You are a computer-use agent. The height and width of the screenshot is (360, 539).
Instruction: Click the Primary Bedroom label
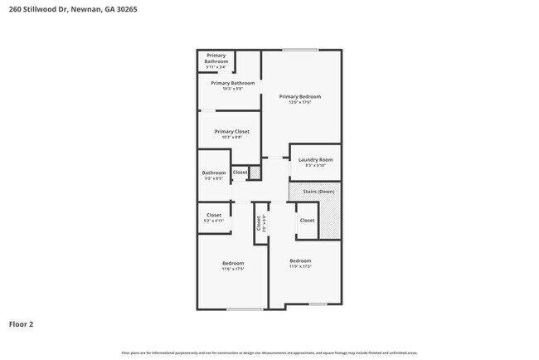point(300,96)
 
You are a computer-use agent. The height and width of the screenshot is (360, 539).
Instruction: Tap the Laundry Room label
point(315,159)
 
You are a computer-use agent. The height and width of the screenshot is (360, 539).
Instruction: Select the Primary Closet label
point(231,131)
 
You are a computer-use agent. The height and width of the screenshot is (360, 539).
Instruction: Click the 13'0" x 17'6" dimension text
point(300,102)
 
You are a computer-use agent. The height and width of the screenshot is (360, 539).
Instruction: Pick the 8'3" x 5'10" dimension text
point(315,165)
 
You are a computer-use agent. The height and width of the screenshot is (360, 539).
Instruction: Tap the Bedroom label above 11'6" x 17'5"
point(232,263)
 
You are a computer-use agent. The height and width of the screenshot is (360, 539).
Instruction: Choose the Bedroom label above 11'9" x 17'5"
point(300,260)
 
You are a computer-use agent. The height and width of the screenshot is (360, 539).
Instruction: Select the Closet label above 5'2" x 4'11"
point(214,215)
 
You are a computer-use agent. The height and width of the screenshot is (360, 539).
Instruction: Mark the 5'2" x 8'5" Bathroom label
point(214,173)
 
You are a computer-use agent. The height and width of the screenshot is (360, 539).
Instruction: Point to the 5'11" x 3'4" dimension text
point(216,67)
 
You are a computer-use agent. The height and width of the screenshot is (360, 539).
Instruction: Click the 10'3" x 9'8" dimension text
point(231,89)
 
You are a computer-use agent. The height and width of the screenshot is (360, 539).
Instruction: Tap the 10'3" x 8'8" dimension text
point(231,137)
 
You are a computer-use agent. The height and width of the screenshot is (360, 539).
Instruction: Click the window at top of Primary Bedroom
point(300,50)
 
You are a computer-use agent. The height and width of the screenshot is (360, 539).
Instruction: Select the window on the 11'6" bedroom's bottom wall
point(245,309)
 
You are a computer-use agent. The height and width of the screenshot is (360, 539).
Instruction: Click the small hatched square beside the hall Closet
point(255,173)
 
